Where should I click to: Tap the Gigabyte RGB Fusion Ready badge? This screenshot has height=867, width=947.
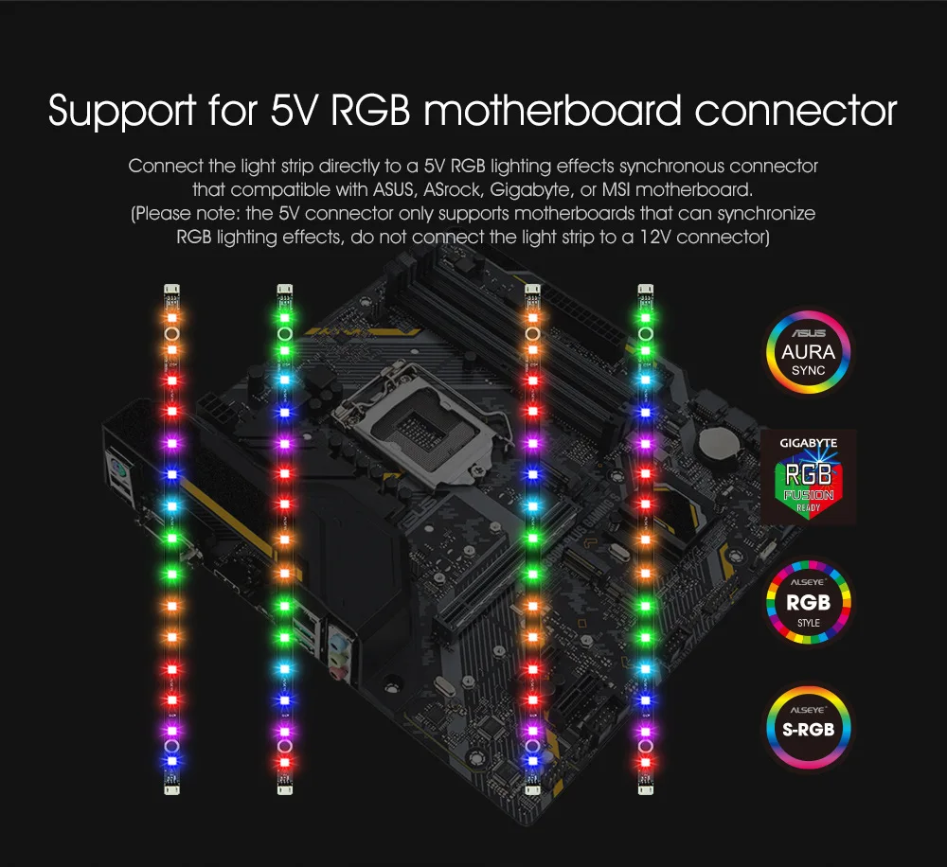point(809,475)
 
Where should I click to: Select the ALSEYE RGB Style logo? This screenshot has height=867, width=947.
point(809,604)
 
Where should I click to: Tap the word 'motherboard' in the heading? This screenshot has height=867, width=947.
point(554,111)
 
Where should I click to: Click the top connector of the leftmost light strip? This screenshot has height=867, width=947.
point(171,290)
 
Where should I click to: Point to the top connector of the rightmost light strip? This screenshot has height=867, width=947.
point(646,290)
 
